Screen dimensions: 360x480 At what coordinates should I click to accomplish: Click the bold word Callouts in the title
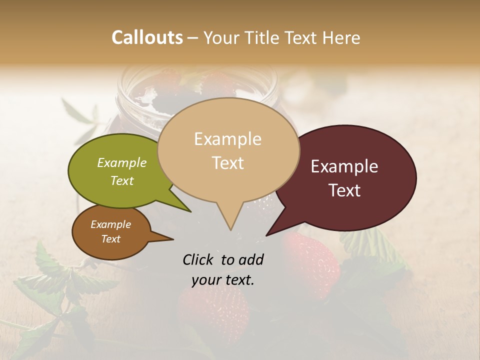[x=147, y=37]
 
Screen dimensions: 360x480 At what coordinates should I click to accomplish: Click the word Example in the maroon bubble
[x=344, y=166]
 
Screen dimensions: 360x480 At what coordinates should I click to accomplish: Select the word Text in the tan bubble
[x=228, y=163]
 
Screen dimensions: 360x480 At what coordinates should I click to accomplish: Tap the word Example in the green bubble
[x=122, y=163]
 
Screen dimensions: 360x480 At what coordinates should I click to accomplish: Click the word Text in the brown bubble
[x=111, y=239]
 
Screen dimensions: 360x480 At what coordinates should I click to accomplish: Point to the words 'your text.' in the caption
[x=223, y=280]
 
